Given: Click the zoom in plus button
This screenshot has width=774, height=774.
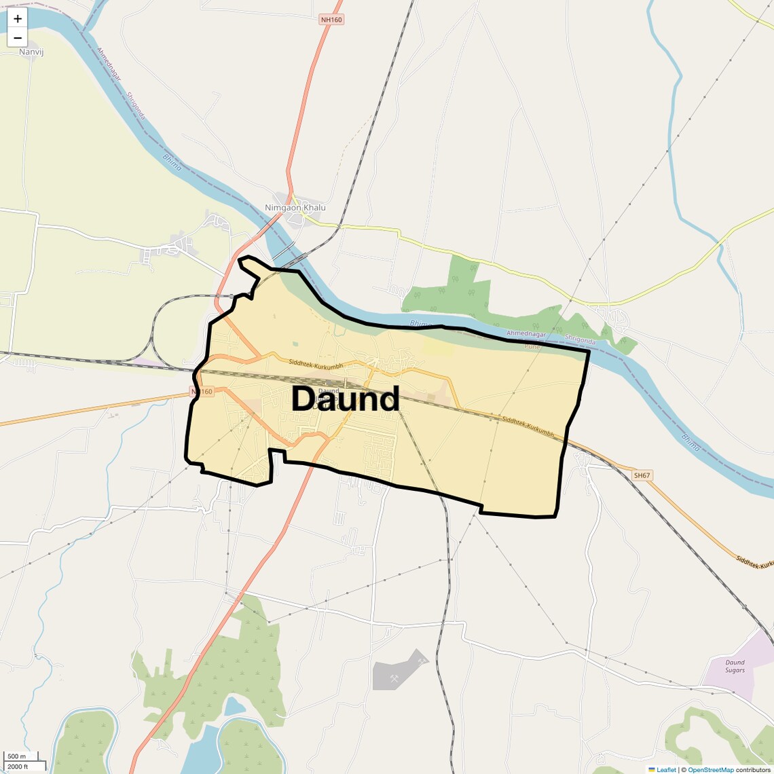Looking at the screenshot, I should [x=18, y=19].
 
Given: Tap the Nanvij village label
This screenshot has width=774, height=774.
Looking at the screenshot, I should [x=31, y=52].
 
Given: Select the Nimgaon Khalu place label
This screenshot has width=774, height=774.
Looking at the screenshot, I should [x=295, y=208].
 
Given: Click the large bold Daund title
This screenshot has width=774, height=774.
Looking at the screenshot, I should [x=345, y=399].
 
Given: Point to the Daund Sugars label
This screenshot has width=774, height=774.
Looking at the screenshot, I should [x=735, y=666].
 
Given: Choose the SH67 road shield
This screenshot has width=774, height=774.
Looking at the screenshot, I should [x=642, y=476].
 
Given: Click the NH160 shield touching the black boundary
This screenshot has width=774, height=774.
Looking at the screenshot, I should [x=202, y=392].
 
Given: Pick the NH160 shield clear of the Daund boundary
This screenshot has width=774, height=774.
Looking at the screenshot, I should [x=331, y=20].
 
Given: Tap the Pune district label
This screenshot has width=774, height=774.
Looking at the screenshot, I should [x=532, y=346].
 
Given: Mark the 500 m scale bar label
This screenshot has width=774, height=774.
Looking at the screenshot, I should [x=16, y=756].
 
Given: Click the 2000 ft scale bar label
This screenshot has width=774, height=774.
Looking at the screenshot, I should [x=18, y=767].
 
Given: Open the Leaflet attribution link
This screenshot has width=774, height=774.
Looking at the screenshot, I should [x=666, y=770].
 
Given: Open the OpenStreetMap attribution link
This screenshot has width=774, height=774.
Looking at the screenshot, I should [x=710, y=770].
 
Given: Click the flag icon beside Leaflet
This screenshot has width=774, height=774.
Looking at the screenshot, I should [x=652, y=770].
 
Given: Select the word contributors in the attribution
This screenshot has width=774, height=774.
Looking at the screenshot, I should [x=753, y=770].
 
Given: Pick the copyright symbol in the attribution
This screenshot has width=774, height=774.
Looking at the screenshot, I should [x=684, y=770].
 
